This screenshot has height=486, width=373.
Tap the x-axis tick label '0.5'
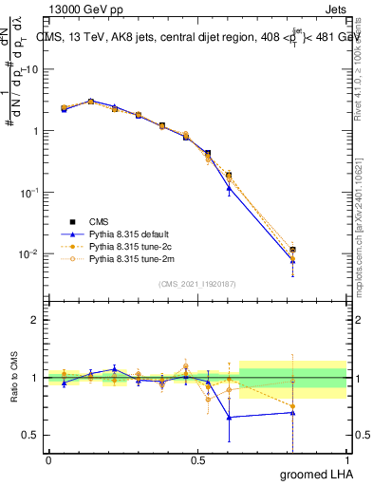coord(197,460)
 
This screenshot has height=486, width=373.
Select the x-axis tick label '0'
coord(48,460)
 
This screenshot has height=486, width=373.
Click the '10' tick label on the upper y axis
coord(31,69)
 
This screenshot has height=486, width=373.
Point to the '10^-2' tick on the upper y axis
coord(29,253)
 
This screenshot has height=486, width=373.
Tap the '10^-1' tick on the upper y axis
coord(29,192)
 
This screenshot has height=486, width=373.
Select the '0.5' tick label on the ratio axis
coord(30,436)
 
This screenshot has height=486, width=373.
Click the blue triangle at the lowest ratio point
coord(228,417)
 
